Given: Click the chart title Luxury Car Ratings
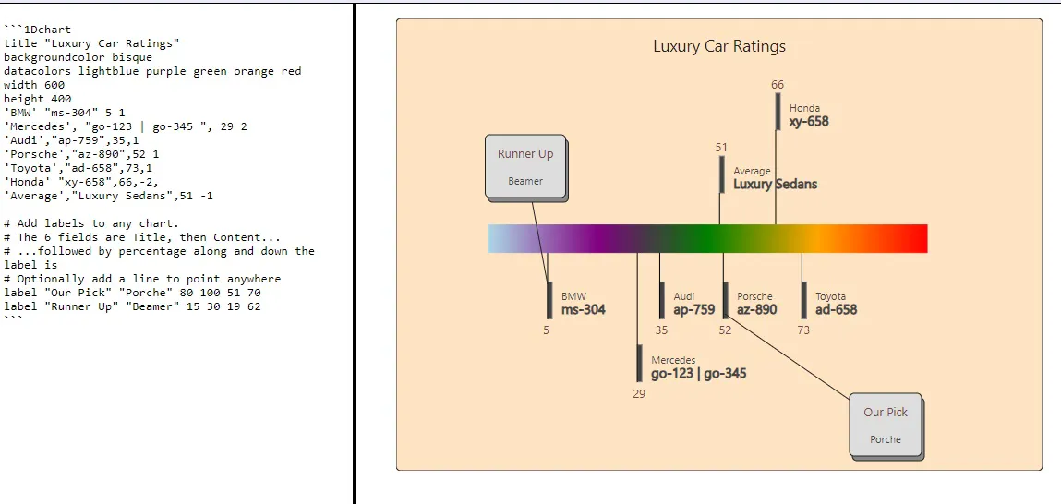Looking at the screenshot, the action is pos(719,46).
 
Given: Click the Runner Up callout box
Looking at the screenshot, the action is pos(525,166).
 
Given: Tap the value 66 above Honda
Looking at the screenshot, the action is pos(778,85).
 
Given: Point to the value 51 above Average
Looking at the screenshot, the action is pos(721,148).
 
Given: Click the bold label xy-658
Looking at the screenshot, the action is pos(809,122).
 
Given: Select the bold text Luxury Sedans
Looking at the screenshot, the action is pos(776,184).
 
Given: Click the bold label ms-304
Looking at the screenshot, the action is pos(584,310).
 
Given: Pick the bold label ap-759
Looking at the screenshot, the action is pos(694,310).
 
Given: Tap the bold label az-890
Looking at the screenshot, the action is pos(757,310).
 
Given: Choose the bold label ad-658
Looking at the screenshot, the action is pos(837,310).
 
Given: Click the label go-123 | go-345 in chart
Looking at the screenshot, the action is pos(699,374).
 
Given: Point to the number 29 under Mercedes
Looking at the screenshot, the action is pos(639,394).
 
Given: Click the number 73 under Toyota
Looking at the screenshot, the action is pos(803,330).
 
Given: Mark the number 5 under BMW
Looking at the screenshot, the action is pos(546,330).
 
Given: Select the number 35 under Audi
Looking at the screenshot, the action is pos(661,330).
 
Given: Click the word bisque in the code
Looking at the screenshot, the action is pos(132,57).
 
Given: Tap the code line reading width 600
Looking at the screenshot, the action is pos(34,85).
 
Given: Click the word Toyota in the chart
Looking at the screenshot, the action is pos(830,296).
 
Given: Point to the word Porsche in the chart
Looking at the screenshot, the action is pos(754,296).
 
